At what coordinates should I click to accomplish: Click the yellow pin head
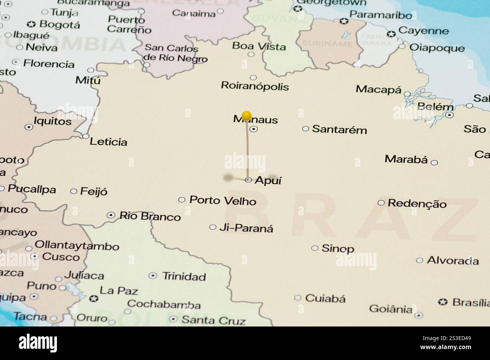(x=247, y=115)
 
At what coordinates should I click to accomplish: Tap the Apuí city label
(x=268, y=180)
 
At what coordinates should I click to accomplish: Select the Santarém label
(x=339, y=130)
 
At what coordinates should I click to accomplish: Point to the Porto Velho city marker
(x=182, y=200)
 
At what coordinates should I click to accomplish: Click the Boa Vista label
(x=259, y=46)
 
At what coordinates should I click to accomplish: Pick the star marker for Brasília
(x=443, y=302)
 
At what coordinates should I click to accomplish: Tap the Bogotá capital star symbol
(x=31, y=25)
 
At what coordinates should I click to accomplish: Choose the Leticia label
(x=108, y=142)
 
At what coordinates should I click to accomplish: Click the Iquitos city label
(x=52, y=121)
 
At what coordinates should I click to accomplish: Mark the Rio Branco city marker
(x=111, y=215)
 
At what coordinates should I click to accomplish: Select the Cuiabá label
(x=325, y=299)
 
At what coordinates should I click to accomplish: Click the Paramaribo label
(x=381, y=15)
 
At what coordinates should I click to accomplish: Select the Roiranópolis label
(x=255, y=86)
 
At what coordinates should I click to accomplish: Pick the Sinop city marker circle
(x=315, y=248)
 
